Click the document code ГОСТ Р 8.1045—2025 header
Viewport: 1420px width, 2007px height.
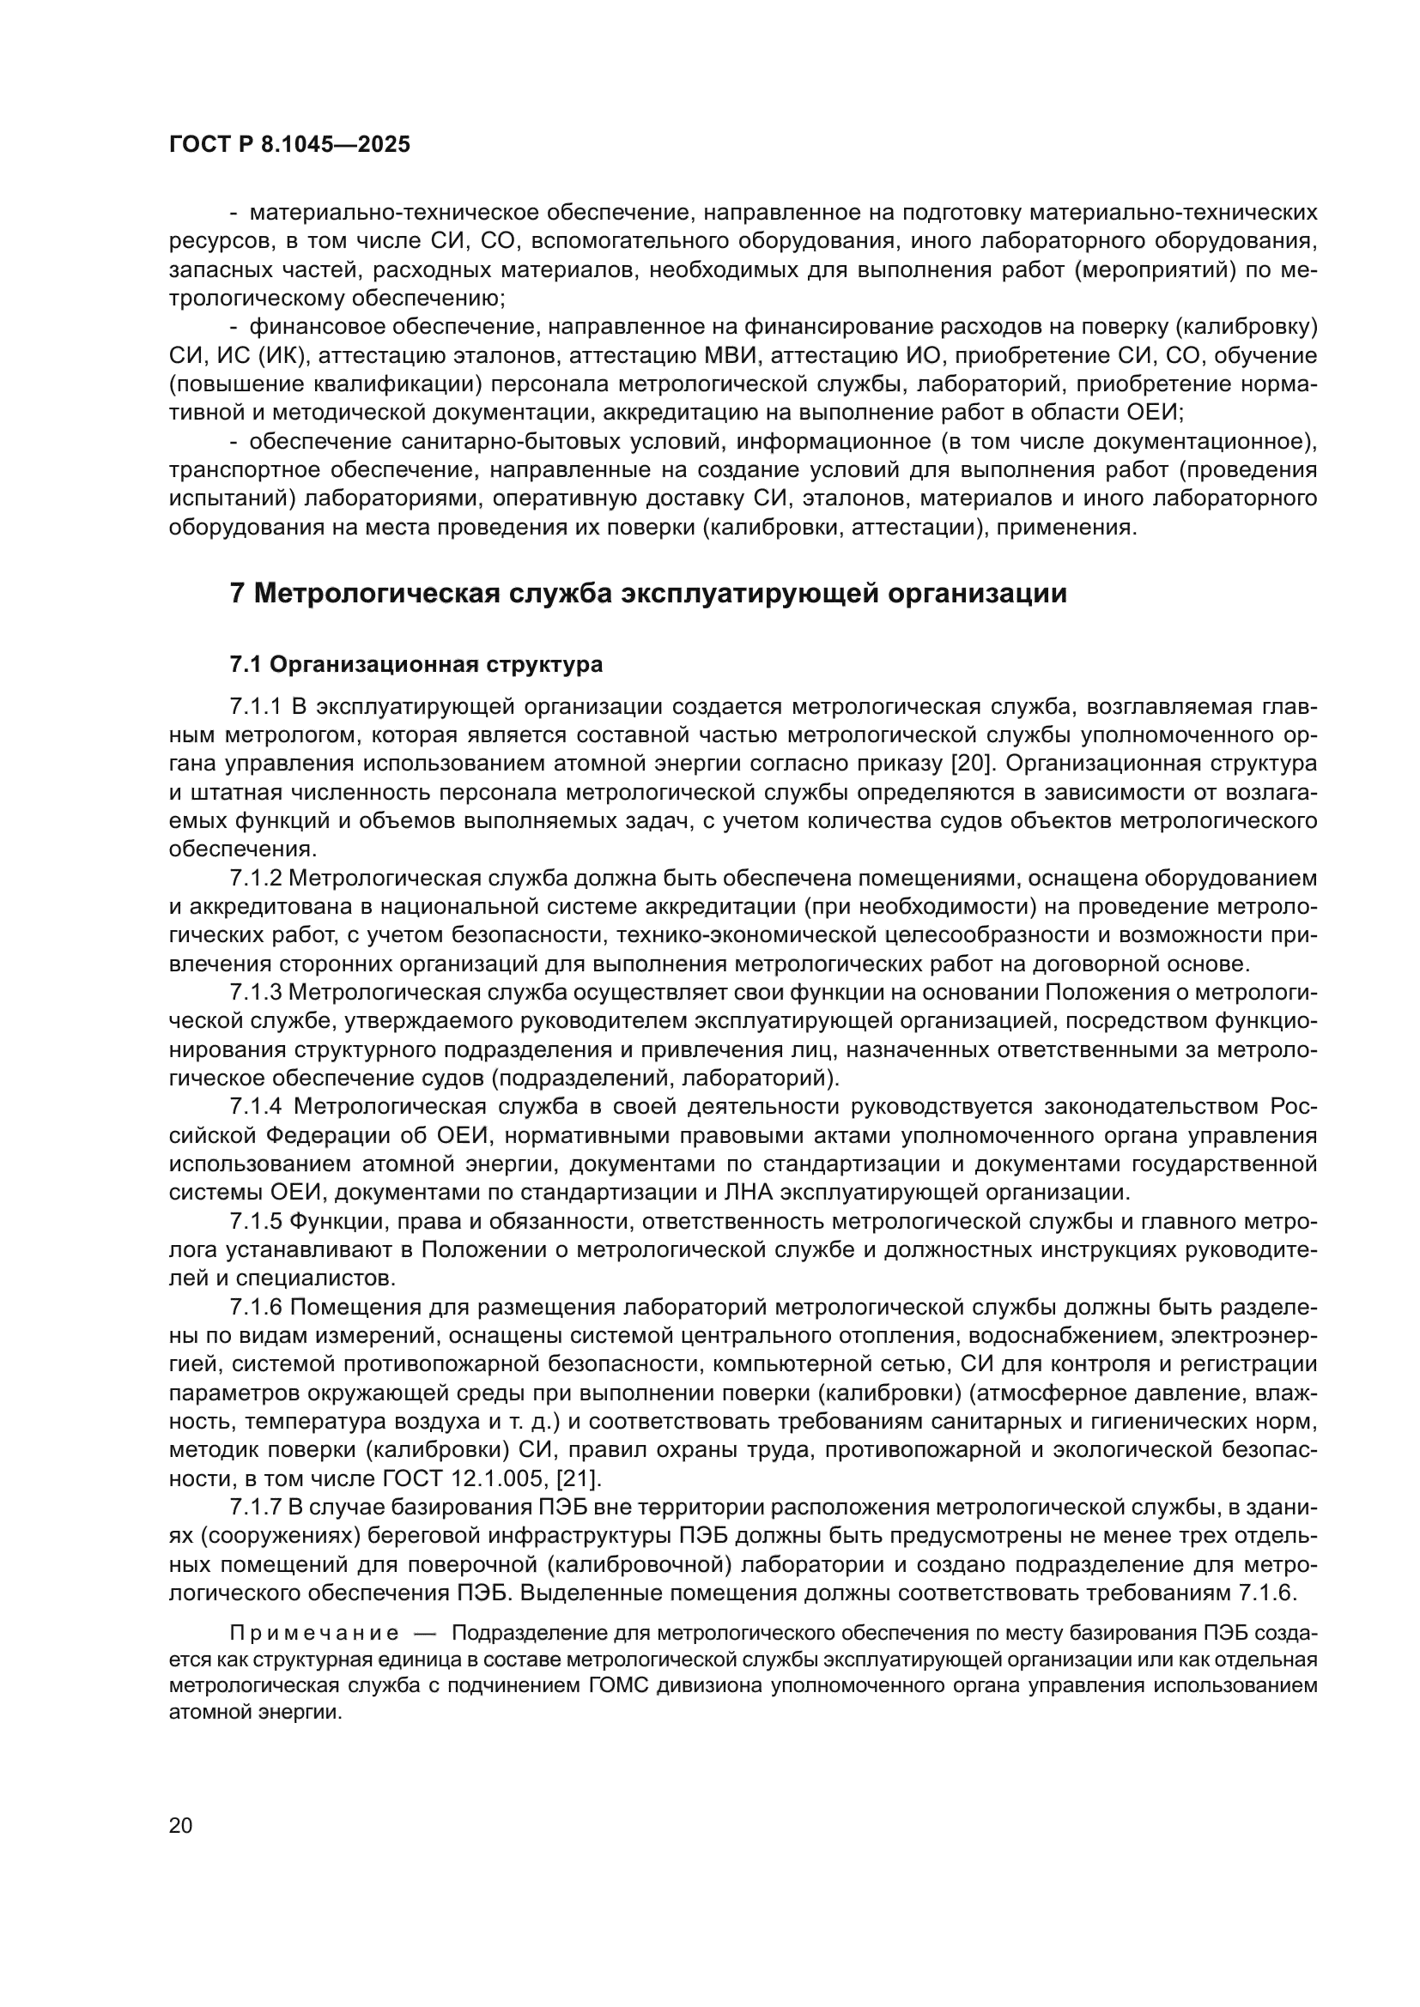tap(289, 144)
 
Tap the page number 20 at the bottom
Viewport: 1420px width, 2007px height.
tap(180, 1825)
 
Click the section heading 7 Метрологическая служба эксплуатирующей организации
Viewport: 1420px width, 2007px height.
tap(648, 593)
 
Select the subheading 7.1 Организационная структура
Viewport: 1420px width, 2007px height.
tap(416, 664)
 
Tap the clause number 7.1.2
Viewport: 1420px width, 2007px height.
tap(256, 878)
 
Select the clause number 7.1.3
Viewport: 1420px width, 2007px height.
tap(256, 992)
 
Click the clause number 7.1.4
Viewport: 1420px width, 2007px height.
tap(256, 1107)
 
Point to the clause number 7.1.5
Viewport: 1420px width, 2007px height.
tap(256, 1221)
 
